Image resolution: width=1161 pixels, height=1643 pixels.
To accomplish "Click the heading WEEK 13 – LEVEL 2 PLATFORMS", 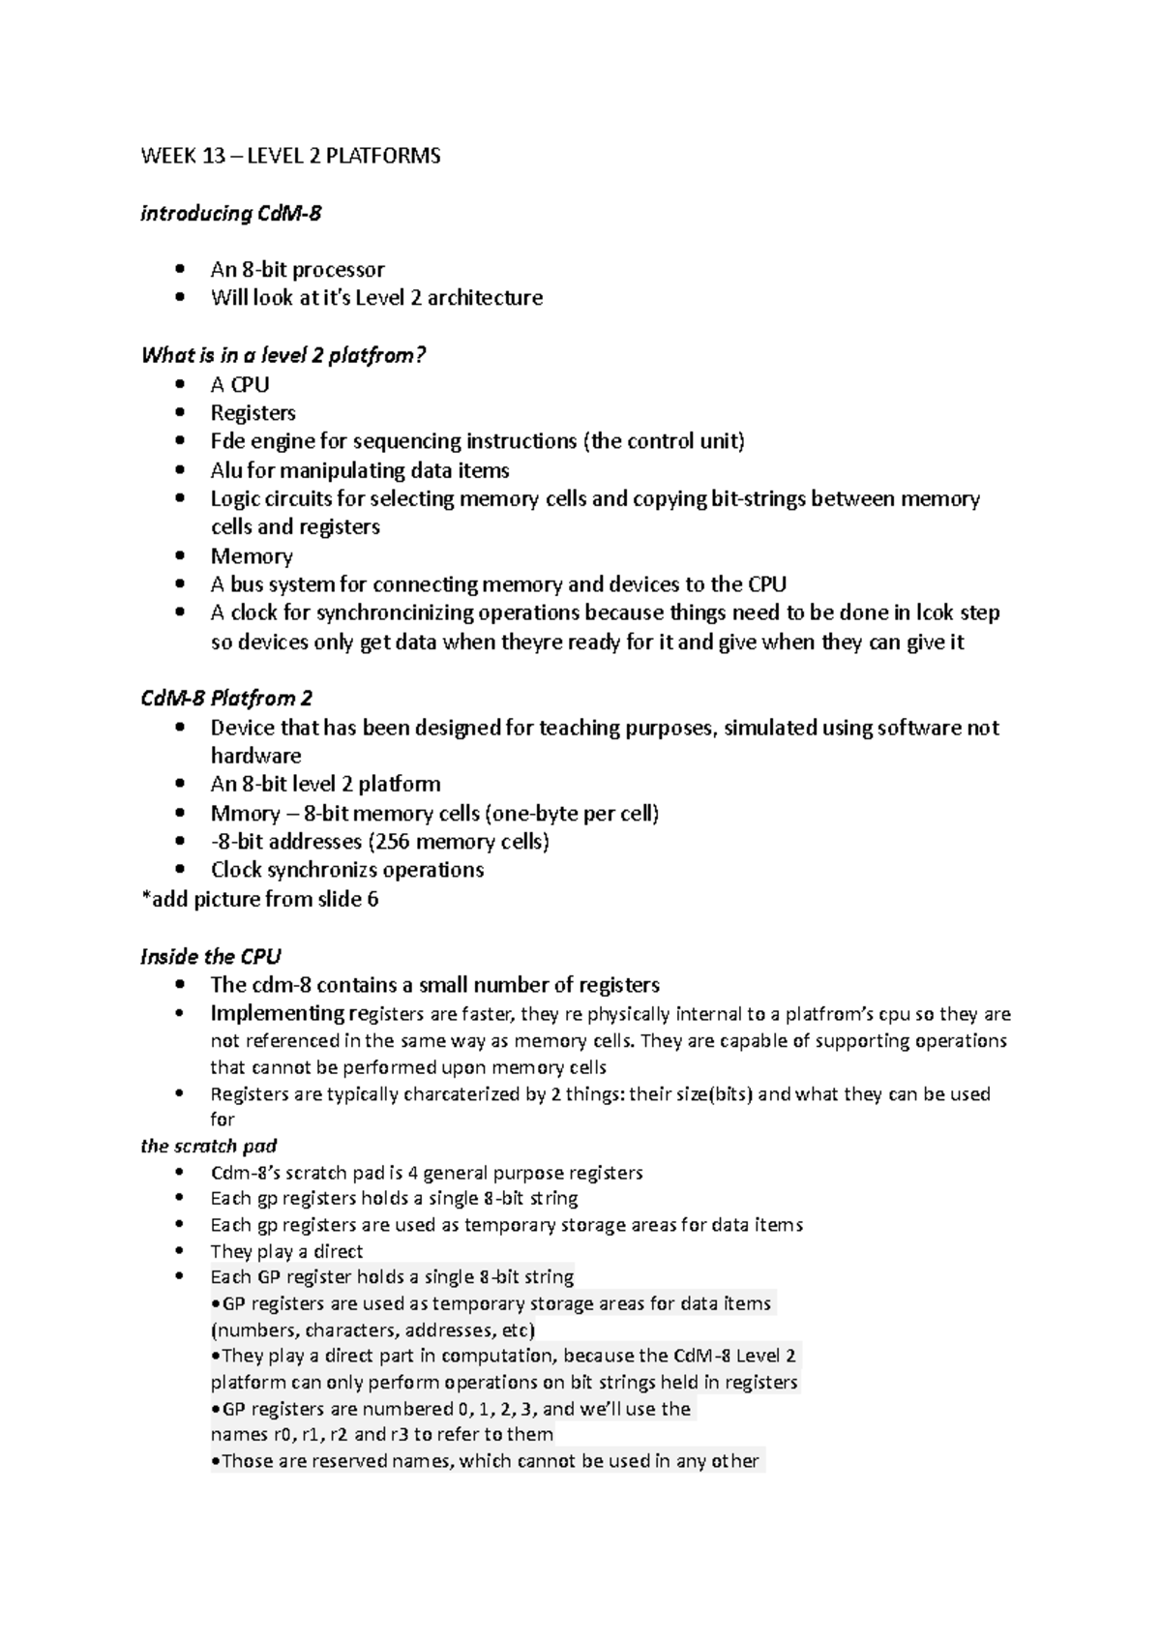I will click(x=290, y=156).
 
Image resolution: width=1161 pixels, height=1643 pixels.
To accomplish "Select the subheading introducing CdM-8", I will click(x=230, y=213).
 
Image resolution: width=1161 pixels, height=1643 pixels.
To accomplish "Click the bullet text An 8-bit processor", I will click(x=297, y=269).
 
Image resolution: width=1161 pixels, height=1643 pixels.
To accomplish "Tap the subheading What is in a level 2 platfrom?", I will click(x=283, y=355).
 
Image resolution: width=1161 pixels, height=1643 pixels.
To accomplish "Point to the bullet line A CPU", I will click(x=240, y=384).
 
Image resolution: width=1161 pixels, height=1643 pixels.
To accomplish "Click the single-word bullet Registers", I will click(x=253, y=412).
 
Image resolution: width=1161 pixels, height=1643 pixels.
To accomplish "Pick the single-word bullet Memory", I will click(x=252, y=555).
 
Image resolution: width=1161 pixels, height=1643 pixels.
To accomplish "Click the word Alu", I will click(x=225, y=470).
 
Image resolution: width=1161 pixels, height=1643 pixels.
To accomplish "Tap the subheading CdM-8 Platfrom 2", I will click(x=226, y=698).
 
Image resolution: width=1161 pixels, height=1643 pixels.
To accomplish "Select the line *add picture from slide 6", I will click(x=259, y=899).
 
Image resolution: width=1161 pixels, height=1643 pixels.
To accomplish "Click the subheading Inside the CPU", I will click(x=210, y=956).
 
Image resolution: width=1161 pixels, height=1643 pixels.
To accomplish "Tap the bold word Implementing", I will click(x=277, y=1013).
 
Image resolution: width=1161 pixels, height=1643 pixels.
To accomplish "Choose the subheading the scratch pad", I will click(x=208, y=1146).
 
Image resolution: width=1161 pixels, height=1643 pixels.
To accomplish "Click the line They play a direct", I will click(x=286, y=1251).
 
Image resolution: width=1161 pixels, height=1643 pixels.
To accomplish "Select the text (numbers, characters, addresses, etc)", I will click(x=372, y=1329).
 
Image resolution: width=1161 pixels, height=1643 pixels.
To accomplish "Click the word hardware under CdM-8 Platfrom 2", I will click(x=255, y=756).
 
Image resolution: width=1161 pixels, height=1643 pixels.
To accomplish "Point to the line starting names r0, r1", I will click(x=381, y=1434).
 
